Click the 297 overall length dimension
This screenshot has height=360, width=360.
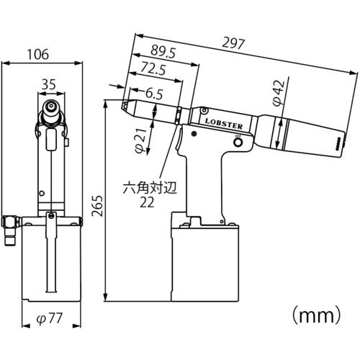(233, 44)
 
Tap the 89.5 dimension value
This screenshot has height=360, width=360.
(163, 53)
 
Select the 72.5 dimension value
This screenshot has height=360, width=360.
(153, 68)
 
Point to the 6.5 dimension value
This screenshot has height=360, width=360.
(154, 94)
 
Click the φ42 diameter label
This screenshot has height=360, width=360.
(279, 93)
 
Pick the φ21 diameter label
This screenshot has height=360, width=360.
(141, 141)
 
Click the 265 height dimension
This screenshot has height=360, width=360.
(97, 206)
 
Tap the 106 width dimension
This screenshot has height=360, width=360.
(38, 55)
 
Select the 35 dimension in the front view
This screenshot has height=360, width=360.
(49, 84)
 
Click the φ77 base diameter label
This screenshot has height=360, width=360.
(50, 319)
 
